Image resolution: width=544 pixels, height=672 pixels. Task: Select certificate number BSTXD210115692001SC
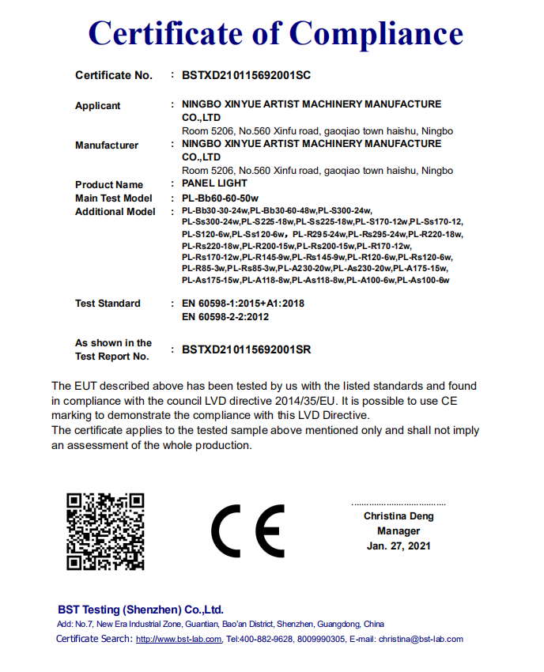coord(246,76)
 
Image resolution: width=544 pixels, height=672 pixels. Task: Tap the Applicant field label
coord(98,106)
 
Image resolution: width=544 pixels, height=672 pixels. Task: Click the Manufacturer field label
coord(107,145)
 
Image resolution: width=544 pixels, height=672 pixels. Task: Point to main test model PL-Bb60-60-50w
coord(221,198)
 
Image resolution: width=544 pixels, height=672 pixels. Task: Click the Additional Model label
coord(115,212)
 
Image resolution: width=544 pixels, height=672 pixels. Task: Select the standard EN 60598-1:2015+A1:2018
coord(243,304)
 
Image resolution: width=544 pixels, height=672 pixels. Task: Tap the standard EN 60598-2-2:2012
coord(225,317)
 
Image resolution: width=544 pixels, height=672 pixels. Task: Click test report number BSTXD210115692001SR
coord(246,349)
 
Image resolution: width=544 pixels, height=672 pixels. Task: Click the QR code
coord(105,531)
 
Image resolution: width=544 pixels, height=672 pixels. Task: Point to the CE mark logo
coord(247,530)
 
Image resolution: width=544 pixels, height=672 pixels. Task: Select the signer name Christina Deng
coord(399,516)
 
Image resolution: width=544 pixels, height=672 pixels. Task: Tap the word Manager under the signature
coord(399,531)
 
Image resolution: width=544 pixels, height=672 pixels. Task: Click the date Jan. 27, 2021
coord(399,546)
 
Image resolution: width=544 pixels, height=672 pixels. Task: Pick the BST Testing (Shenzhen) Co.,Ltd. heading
coord(141,610)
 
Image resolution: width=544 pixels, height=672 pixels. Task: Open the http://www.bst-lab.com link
coord(179,639)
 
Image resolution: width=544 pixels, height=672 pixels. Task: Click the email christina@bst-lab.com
coord(420,639)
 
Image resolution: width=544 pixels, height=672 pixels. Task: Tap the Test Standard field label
coord(108,304)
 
